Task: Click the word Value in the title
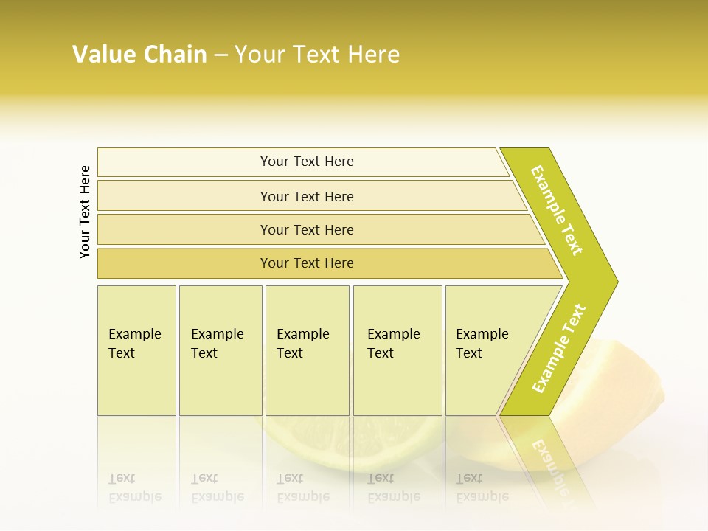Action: [102, 55]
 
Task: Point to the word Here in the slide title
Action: [373, 55]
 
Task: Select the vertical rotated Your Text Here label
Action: [85, 212]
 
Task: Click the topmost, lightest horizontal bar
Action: [306, 162]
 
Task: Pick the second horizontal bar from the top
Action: [306, 196]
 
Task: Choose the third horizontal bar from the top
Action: [306, 229]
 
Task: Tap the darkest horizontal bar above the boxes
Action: [306, 263]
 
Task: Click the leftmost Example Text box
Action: [136, 350]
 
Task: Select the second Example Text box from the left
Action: [220, 350]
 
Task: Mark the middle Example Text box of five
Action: [307, 350]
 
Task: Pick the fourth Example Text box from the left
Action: [397, 350]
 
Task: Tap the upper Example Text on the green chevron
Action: [557, 210]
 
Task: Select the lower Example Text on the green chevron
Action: [559, 348]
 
